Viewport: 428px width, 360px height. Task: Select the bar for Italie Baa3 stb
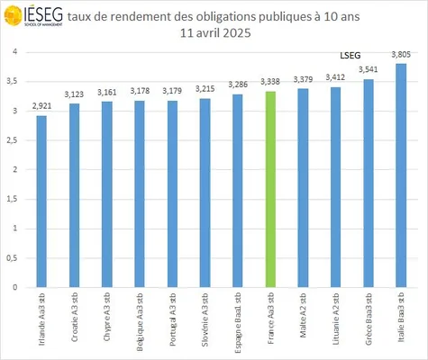401,175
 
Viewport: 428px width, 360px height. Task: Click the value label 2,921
41,107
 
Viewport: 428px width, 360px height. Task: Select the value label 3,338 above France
269,83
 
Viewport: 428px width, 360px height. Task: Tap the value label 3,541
368,70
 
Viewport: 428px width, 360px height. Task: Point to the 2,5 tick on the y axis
14,140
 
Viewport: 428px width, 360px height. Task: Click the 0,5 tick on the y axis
14,258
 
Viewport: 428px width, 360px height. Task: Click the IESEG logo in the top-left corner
32,18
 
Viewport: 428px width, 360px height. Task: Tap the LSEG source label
349,56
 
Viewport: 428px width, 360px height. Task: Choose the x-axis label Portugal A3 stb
172,313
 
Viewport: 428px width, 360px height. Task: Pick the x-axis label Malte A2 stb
303,310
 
